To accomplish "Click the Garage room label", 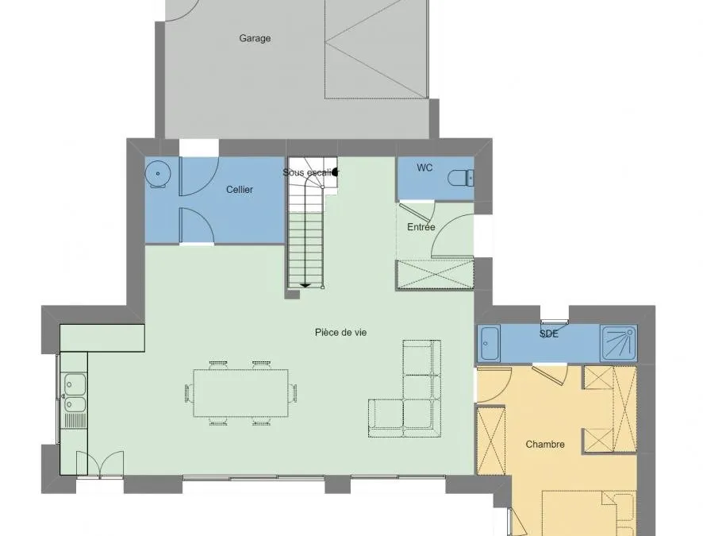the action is click(x=255, y=39).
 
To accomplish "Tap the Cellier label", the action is click(x=240, y=190).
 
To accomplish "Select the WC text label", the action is click(x=424, y=168).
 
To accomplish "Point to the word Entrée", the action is click(x=421, y=227).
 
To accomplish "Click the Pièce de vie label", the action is click(x=340, y=333).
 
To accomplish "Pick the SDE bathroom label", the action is click(x=549, y=334).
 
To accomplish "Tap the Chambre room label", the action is click(x=545, y=445).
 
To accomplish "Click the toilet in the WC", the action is click(x=460, y=178).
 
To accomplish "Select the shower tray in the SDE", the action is click(x=619, y=344).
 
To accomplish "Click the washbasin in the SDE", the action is click(x=489, y=344).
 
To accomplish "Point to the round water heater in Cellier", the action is click(x=157, y=173).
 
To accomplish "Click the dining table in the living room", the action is click(x=240, y=393).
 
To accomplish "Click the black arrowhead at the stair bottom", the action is click(x=305, y=285).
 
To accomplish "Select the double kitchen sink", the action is click(x=75, y=393).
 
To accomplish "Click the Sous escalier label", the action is click(x=311, y=172).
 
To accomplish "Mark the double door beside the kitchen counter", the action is click(x=100, y=463).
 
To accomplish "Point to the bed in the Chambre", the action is click(x=589, y=513).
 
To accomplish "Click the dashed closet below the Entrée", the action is click(x=436, y=274).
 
